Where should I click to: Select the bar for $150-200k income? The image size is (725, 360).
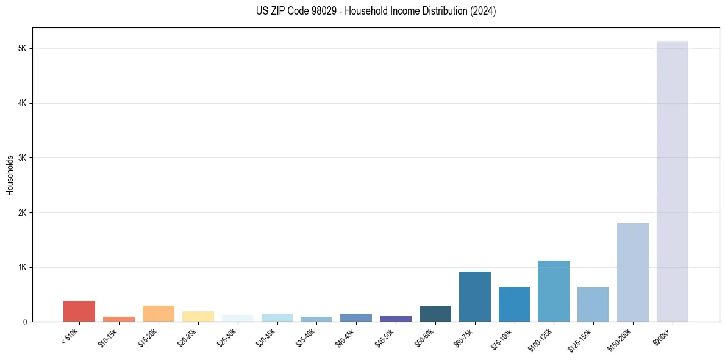coord(632,272)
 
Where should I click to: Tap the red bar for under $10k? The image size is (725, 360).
coord(79,311)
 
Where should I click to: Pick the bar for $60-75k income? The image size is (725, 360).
coord(474,297)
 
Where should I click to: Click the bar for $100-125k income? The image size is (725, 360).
coord(553,291)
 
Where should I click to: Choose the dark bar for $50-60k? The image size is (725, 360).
coord(435,314)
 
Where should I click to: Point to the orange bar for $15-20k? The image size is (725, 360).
coord(158,314)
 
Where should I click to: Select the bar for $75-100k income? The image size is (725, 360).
coord(514,304)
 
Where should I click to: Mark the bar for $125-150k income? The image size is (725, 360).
coord(593,304)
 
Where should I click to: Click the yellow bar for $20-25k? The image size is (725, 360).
coord(198,316)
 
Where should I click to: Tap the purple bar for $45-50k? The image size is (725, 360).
coord(395,319)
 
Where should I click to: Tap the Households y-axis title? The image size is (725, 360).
coord(10,175)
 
